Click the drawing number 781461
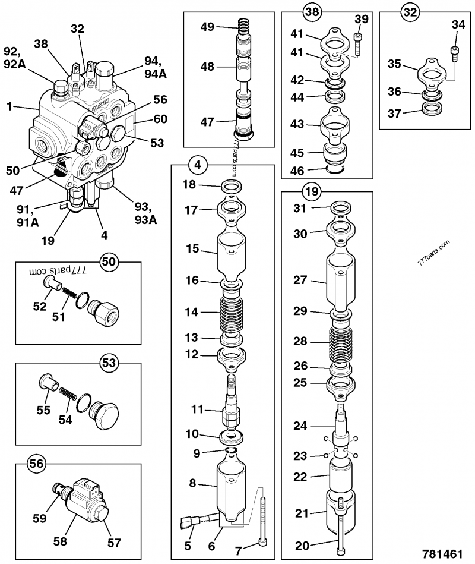tap(442, 553)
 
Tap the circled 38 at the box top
tap(312, 12)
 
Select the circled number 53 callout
tap(109, 363)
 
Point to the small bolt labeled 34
tap(455, 54)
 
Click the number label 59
tap(40, 518)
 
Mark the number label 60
tap(160, 119)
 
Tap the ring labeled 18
tap(232, 187)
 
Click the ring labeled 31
tap(341, 208)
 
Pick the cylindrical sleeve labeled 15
tap(232, 256)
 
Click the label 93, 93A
tap(145, 213)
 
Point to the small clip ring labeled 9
tap(231, 450)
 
